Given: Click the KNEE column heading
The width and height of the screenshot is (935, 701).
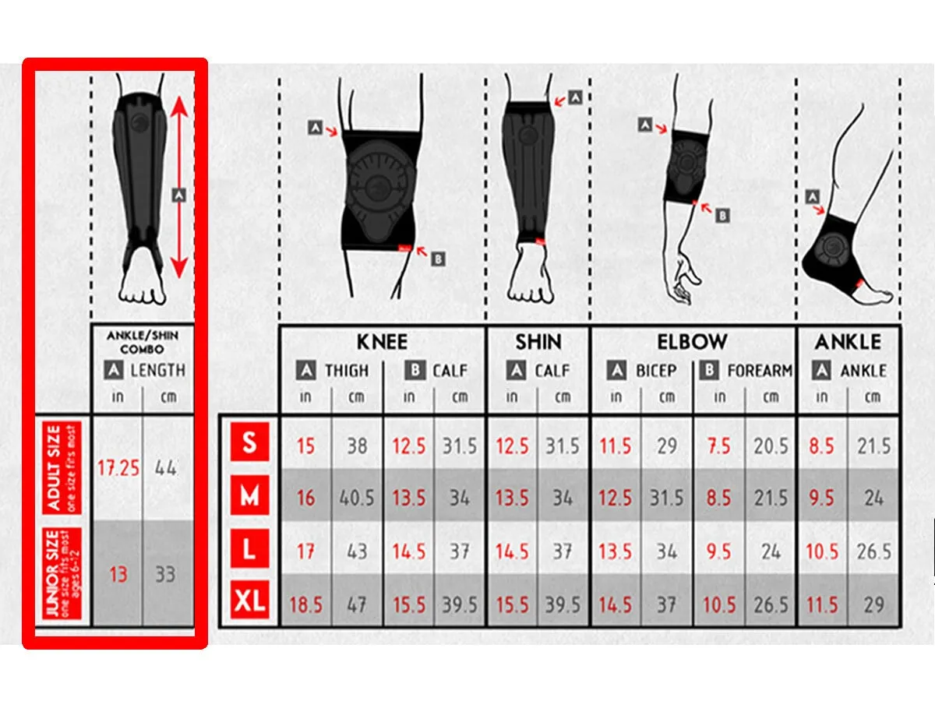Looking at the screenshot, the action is (x=382, y=342).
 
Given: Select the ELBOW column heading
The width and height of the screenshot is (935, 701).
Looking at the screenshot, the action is (x=692, y=342).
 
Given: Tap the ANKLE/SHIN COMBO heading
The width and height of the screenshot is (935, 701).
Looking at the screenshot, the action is (x=143, y=342).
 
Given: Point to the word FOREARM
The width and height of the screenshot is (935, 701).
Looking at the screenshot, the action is (x=760, y=371).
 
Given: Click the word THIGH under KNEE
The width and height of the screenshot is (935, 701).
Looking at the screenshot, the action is (x=347, y=371).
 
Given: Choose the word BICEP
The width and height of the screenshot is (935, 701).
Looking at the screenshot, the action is (x=656, y=371).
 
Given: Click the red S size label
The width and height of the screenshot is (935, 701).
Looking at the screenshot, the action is (x=249, y=442).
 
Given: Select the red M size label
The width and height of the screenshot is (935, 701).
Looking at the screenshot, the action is (x=249, y=495).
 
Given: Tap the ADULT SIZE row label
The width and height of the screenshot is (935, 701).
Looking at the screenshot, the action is (x=62, y=468).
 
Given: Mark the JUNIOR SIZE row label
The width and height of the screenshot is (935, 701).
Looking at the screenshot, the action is (x=62, y=573).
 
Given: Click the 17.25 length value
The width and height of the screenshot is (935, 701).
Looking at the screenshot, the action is (x=118, y=468).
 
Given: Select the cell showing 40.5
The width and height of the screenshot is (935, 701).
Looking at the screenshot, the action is (x=357, y=498).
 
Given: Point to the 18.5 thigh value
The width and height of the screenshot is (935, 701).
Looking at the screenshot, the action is (x=305, y=605).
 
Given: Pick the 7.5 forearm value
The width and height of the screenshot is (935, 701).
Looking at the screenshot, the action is (x=718, y=446).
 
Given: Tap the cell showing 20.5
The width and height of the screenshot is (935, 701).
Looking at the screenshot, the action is (x=771, y=446).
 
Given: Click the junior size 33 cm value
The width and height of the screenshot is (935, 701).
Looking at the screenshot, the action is (x=165, y=574).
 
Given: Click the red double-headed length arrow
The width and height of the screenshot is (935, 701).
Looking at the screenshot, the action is (x=180, y=187).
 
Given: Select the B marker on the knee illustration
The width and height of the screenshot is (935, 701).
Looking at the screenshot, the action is (x=439, y=259).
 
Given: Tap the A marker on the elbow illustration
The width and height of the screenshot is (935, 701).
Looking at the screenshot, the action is (x=645, y=125).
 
